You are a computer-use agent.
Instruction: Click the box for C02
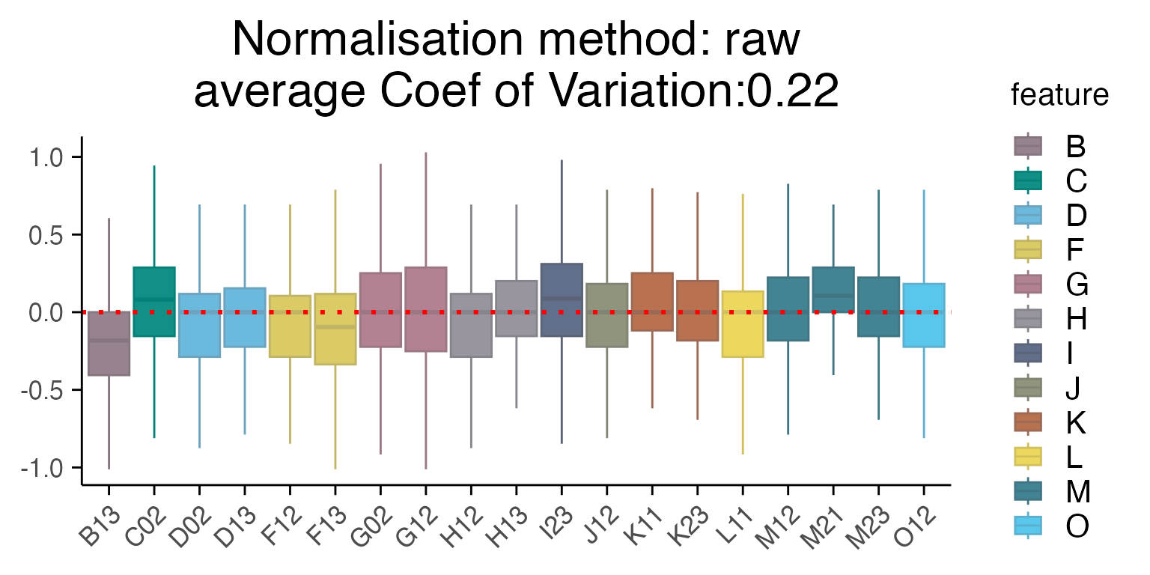click(154, 302)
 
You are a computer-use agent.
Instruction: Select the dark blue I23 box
click(562, 299)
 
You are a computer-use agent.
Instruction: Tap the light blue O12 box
click(924, 315)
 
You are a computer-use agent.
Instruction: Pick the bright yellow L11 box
click(743, 324)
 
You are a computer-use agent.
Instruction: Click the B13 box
click(109, 344)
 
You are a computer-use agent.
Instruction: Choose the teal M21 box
click(833, 290)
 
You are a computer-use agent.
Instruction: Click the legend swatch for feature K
click(1028, 422)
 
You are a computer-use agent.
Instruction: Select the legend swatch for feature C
click(1028, 180)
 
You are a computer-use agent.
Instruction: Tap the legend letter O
click(1077, 526)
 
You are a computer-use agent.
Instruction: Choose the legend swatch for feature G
click(1028, 284)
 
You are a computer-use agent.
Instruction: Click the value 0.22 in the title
click(793, 90)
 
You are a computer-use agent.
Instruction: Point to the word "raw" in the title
click(762, 40)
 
